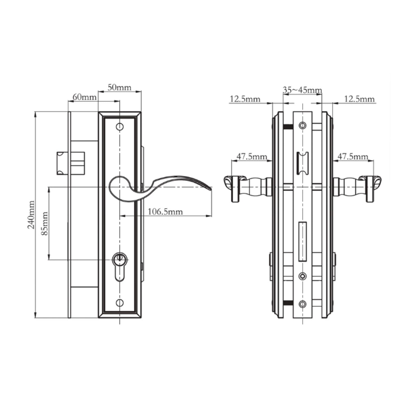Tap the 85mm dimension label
pyautogui.click(x=44, y=224)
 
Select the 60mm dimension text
pyautogui.click(x=85, y=97)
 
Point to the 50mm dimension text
pyautogui.click(x=119, y=87)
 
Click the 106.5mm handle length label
pyautogui.click(x=165, y=212)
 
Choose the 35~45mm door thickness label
pyautogui.click(x=302, y=90)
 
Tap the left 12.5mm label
pyautogui.click(x=245, y=99)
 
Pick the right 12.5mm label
pyautogui.click(x=359, y=99)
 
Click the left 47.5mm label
pyautogui.click(x=252, y=156)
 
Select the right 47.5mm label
pyautogui.click(x=353, y=156)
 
